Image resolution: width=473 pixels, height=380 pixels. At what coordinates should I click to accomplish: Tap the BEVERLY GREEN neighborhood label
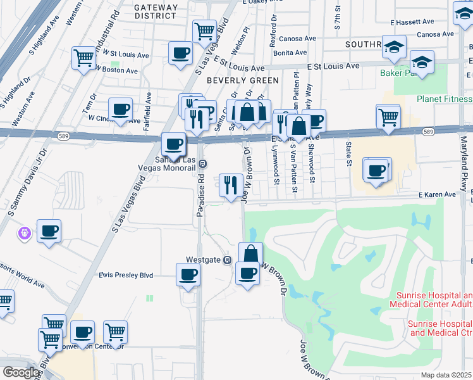pos(242,80)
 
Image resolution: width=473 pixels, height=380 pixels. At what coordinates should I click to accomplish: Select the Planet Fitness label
pos(444,99)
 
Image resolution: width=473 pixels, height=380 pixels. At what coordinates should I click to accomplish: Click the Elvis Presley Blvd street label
pos(126,275)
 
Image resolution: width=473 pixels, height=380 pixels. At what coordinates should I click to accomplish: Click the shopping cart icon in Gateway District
pos(204,30)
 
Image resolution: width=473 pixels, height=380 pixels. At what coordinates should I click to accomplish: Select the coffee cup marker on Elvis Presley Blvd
pos(187,275)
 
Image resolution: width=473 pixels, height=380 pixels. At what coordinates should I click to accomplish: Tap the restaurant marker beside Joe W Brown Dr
pos(230,184)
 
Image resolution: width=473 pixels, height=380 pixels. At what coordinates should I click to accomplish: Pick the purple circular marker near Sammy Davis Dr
pos(25,234)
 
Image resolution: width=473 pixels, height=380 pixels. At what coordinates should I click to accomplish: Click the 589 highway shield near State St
pos(428,132)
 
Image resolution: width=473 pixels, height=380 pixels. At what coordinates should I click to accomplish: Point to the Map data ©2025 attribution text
pos(446,375)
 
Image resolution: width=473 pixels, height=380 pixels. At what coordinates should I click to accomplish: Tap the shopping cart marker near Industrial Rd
pos(83,58)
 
